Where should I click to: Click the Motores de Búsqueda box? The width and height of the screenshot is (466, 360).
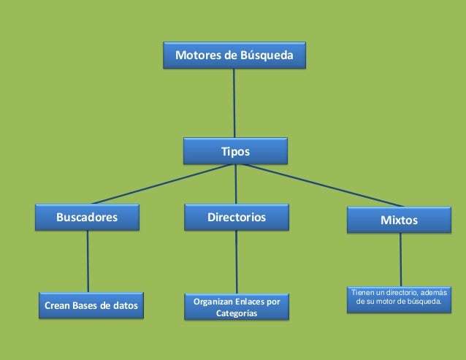(x=234, y=55)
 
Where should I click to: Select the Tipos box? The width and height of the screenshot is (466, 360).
(x=235, y=151)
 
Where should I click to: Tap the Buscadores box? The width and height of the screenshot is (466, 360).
(x=88, y=217)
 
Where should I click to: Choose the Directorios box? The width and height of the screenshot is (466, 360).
(x=237, y=217)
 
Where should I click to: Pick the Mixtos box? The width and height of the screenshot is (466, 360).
(x=400, y=219)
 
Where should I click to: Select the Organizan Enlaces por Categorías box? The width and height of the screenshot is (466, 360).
(x=237, y=307)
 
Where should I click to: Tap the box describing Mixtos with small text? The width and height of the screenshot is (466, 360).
(x=399, y=299)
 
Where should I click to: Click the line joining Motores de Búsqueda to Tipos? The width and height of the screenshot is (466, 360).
(x=234, y=102)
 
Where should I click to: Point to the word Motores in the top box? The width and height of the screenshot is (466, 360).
(x=195, y=55)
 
